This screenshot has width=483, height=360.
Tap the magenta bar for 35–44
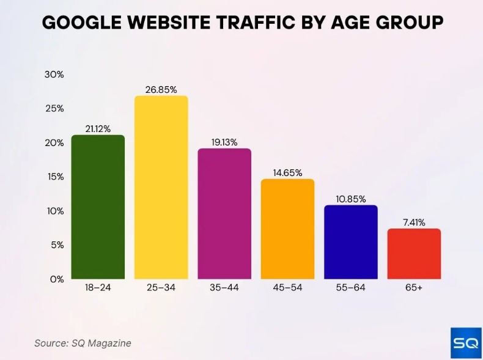pyautogui.click(x=224, y=213)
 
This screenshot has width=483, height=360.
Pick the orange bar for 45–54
pyautogui.click(x=287, y=229)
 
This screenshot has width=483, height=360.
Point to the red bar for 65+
pyautogui.click(x=414, y=254)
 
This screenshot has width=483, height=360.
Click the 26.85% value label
pyautogui.click(x=161, y=90)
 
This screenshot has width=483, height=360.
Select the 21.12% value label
pyautogui.click(x=98, y=129)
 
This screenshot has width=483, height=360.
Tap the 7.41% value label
pyautogui.click(x=414, y=222)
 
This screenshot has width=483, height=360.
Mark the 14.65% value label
pyautogui.click(x=287, y=173)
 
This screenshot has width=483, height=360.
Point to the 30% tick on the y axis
pyautogui.click(x=54, y=75)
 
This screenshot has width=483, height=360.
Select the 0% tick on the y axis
pyautogui.click(x=57, y=279)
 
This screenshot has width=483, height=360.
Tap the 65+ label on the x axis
pyautogui.click(x=414, y=287)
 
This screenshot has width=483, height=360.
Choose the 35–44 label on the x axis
pyautogui.click(x=224, y=287)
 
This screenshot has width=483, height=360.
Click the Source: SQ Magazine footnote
pyautogui.click(x=83, y=343)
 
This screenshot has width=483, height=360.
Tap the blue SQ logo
pyautogui.click(x=465, y=343)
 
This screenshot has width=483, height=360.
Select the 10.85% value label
pyautogui.click(x=351, y=199)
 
